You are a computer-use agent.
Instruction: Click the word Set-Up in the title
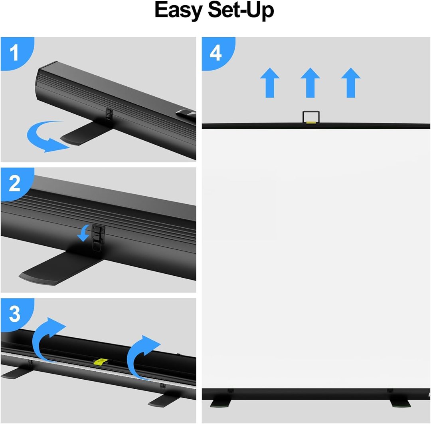(x=241, y=10)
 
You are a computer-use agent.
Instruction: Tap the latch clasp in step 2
(x=98, y=237)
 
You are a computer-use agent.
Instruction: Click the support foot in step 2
(x=58, y=267)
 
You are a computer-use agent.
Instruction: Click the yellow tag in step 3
(x=101, y=361)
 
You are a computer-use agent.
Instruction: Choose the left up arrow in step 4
(x=270, y=83)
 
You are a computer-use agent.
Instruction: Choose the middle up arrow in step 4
(x=310, y=83)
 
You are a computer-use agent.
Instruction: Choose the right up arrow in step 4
(x=351, y=83)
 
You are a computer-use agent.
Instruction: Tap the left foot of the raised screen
(x=221, y=404)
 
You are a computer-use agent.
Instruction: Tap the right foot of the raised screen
(x=400, y=404)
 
